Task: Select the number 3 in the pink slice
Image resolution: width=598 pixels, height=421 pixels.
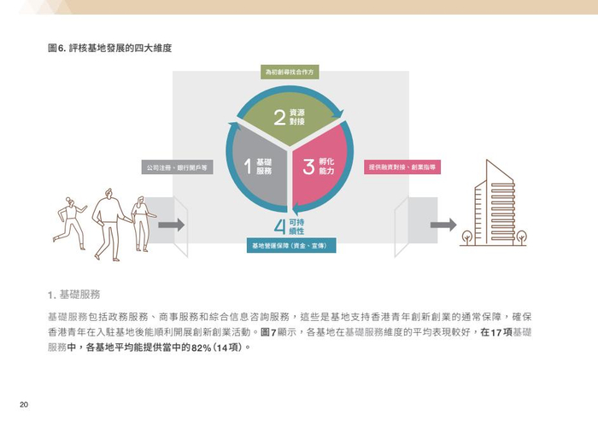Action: tap(308, 166)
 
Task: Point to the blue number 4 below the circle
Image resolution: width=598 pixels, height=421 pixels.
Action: tap(279, 227)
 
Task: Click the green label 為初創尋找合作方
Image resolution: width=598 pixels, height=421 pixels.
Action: tap(289, 73)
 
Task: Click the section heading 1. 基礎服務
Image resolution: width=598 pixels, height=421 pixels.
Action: tap(74, 295)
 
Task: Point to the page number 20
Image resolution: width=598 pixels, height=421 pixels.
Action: tap(25, 404)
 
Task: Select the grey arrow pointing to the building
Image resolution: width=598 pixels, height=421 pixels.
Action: tap(443, 225)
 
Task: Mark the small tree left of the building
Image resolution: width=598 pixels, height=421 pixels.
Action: tap(467, 236)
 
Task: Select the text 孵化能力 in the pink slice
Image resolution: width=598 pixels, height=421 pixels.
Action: tap(325, 166)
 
